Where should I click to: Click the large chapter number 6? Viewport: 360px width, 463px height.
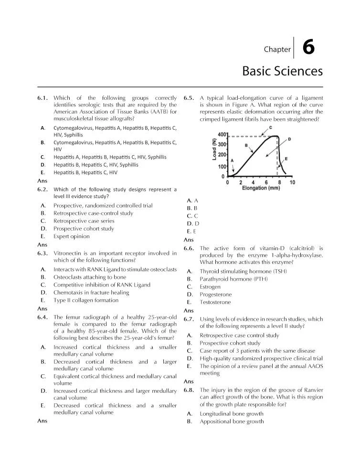pyautogui.click(x=308, y=48)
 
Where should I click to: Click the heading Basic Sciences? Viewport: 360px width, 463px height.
pyautogui.click(x=282, y=71)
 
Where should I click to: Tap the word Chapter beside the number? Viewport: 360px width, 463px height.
pyautogui.click(x=277, y=49)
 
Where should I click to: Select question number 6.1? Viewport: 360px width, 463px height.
pyautogui.click(x=42, y=98)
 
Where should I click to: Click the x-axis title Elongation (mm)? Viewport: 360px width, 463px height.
pyautogui.click(x=261, y=188)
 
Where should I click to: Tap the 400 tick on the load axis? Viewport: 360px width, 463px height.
pyautogui.click(x=222, y=135)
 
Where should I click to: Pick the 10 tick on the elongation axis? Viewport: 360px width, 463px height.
pyautogui.click(x=292, y=182)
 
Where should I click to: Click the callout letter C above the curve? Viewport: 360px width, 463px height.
pyautogui.click(x=271, y=127)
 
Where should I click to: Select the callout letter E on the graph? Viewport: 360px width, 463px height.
pyautogui.click(x=286, y=158)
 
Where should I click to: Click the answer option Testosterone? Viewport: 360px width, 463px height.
pyautogui.click(x=215, y=302)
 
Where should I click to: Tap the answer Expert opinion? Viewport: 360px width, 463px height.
pyautogui.click(x=71, y=236)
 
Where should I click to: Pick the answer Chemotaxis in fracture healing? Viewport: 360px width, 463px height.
pyautogui.click(x=91, y=293)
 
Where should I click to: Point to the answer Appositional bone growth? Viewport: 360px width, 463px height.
pyautogui.click(x=232, y=421)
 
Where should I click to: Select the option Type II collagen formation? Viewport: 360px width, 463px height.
pyautogui.click(x=86, y=300)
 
